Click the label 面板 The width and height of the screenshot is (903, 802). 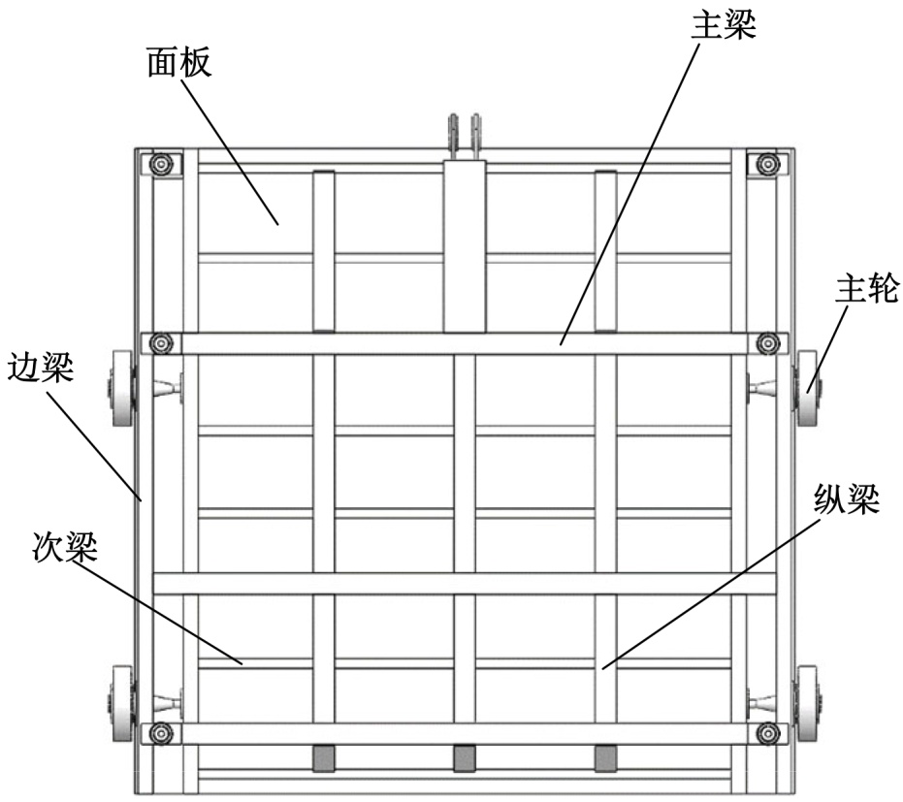[x=178, y=63]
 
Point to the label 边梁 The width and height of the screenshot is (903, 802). [x=40, y=369]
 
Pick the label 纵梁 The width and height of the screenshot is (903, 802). [x=846, y=501]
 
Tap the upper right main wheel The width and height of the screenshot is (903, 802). [x=808, y=389]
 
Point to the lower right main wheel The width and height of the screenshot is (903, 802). [x=808, y=701]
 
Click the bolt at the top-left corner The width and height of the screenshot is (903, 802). [x=160, y=164]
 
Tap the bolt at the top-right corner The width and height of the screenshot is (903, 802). [x=768, y=163]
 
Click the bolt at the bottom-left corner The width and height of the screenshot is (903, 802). [x=160, y=731]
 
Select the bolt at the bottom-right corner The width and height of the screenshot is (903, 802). [x=768, y=731]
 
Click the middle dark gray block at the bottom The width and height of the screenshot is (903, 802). [x=465, y=757]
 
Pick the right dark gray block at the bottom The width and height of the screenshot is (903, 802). [x=605, y=757]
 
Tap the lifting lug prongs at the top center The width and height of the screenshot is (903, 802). [x=464, y=131]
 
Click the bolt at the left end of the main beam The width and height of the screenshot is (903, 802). [x=160, y=343]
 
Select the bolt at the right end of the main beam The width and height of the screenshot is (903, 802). [x=768, y=343]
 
